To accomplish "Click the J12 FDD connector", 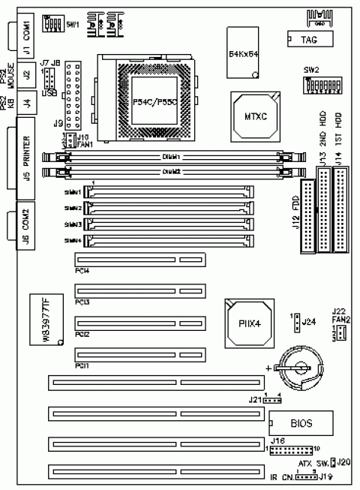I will pos(307,217).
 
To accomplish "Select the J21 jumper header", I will pos(271,399).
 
